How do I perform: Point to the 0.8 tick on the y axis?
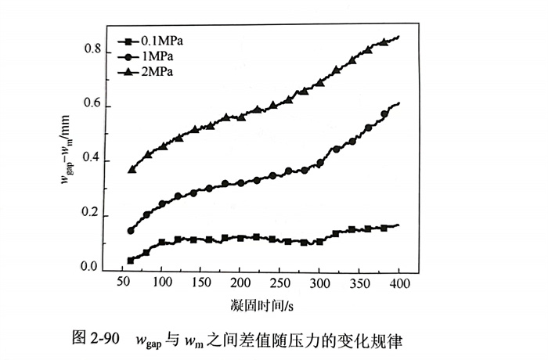click(x=93, y=51)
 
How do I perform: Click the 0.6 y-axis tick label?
click(x=93, y=106)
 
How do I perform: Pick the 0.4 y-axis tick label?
click(x=93, y=160)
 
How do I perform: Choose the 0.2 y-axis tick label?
click(x=93, y=214)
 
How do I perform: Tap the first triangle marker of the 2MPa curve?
click(x=132, y=169)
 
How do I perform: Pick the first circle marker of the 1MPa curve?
click(x=131, y=231)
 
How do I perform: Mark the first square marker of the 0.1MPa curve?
click(x=130, y=261)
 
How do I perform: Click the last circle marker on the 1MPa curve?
click(x=384, y=114)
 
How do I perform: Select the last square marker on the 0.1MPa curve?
click(x=384, y=228)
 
